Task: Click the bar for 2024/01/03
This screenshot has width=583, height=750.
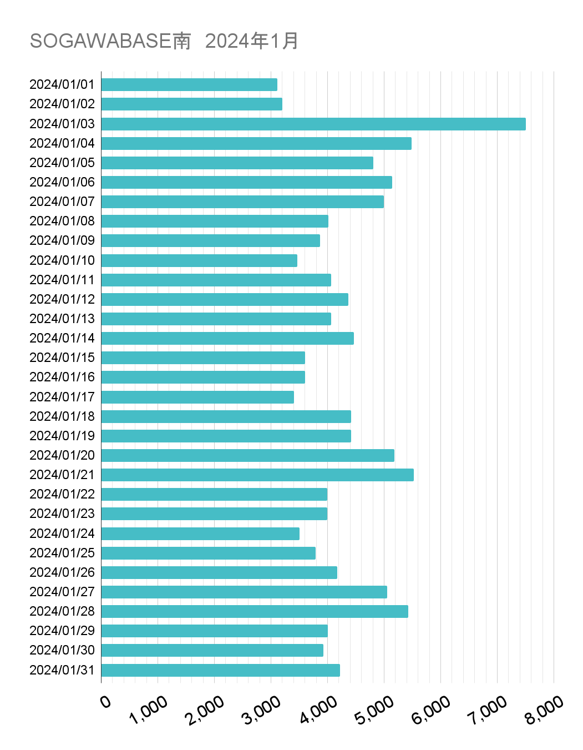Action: tap(313, 124)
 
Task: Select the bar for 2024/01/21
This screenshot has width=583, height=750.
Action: tap(257, 475)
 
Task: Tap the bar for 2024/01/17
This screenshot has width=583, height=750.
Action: tap(197, 397)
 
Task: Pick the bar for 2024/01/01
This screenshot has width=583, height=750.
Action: tap(189, 84)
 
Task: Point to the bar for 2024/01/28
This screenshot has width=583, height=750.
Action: tap(255, 611)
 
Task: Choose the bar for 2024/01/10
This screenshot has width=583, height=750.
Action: tap(199, 260)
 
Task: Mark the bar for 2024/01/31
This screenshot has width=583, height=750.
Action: tap(221, 670)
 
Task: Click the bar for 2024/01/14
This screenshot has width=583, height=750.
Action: tap(227, 338)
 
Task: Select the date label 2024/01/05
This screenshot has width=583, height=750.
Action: tap(62, 163)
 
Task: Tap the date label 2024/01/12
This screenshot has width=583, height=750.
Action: tap(62, 299)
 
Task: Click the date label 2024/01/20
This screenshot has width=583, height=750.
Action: tap(62, 455)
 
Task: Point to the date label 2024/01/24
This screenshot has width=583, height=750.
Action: tap(62, 533)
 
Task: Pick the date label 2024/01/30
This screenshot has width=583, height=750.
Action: tap(62, 650)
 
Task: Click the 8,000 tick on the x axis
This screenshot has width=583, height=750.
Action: tap(544, 710)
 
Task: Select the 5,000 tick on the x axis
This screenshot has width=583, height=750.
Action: tap(374, 710)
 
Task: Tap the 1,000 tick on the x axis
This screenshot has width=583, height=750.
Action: tap(148, 710)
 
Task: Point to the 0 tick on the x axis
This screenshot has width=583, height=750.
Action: tap(105, 702)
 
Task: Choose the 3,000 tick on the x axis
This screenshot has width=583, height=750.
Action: tap(261, 710)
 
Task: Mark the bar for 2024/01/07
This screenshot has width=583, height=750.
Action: tap(242, 202)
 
